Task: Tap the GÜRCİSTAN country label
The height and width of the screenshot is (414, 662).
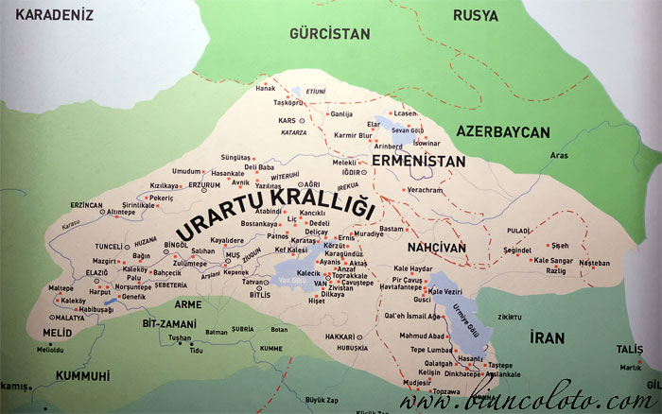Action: (330, 33)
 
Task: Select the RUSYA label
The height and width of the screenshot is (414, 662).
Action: (476, 15)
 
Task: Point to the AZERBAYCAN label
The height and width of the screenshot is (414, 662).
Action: (503, 131)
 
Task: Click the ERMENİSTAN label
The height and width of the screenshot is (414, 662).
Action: (419, 162)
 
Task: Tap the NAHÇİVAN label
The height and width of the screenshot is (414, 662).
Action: (437, 248)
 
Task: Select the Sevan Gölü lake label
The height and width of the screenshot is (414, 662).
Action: (409, 129)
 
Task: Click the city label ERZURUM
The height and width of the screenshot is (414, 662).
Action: (204, 184)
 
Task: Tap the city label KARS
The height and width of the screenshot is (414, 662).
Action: (287, 121)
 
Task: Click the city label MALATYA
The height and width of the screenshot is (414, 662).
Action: (70, 319)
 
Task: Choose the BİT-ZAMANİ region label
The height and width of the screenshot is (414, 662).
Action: (168, 323)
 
